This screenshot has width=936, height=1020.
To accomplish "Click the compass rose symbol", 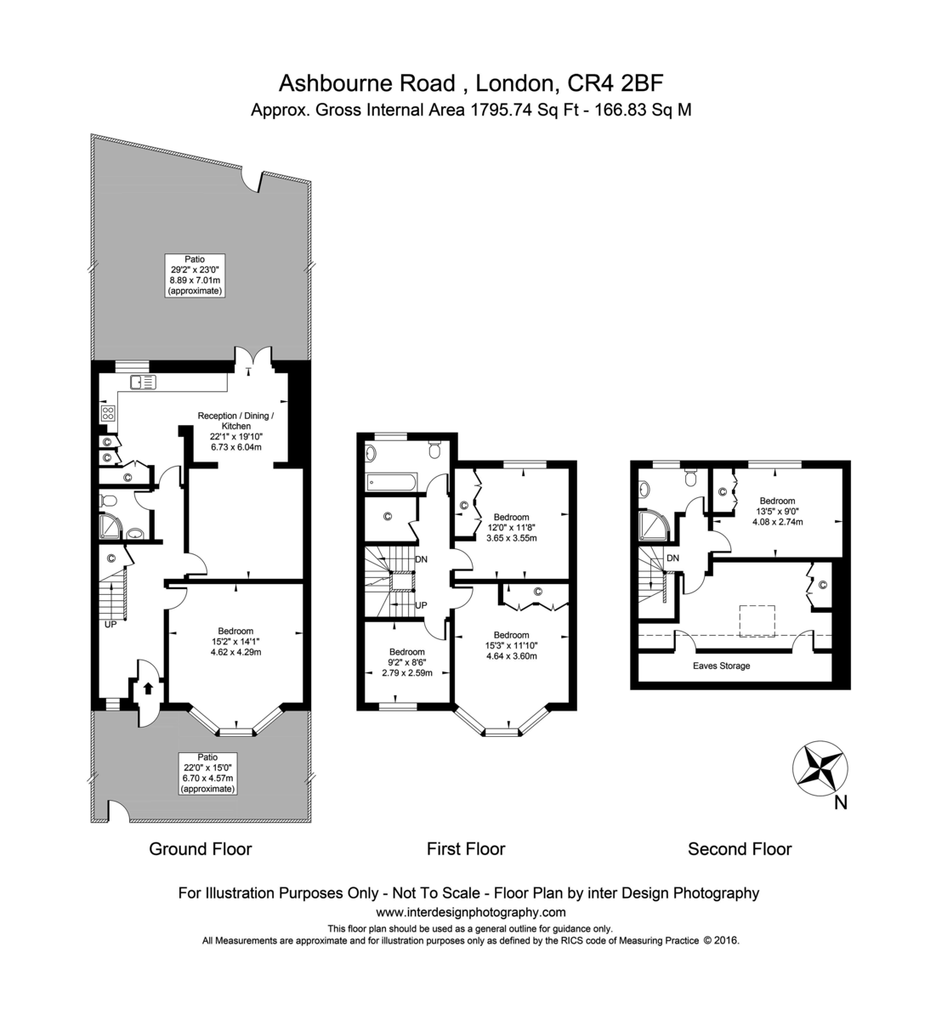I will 820,767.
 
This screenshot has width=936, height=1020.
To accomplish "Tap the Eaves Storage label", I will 722,666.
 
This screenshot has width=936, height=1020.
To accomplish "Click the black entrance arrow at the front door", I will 147,687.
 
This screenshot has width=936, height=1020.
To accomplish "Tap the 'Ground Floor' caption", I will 201,848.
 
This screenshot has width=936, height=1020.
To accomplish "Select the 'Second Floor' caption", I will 740,848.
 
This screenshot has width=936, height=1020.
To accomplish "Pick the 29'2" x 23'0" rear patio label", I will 194,274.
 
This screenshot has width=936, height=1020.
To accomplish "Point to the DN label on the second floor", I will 672,558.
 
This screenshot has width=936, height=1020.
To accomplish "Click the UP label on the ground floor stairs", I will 111,624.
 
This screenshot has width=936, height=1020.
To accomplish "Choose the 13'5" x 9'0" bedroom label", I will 777,512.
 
